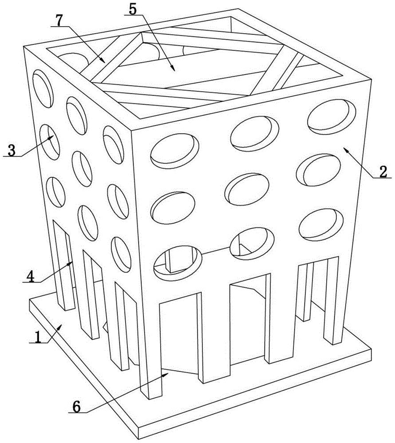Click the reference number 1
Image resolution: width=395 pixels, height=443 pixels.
pos(37,337)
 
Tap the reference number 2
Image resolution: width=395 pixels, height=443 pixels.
pos(383,171)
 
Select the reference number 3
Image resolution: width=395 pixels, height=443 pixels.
pos(12,150)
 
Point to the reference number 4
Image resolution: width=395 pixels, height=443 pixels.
pos(30,276)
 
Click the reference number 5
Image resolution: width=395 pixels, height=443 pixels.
pos(133,9)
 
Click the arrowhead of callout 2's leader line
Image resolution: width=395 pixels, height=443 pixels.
pos(346,149)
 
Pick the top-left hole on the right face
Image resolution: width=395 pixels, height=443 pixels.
pos(174,152)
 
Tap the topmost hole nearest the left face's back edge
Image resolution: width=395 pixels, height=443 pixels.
pos(43,89)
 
